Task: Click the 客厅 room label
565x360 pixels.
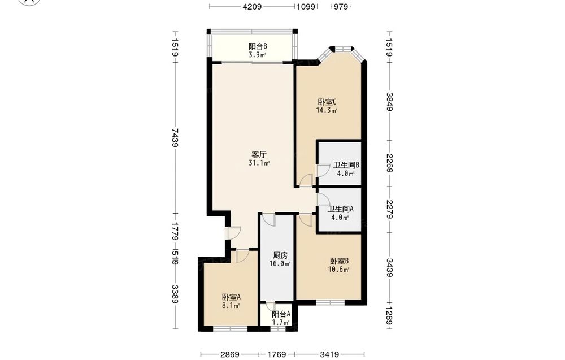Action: [x=259, y=155]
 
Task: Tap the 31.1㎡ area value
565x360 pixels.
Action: [x=259, y=163]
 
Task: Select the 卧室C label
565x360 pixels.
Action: [x=327, y=102]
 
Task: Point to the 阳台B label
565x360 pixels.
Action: [x=258, y=46]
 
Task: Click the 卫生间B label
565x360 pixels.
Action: [x=346, y=165]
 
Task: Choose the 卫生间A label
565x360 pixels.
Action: [x=341, y=209]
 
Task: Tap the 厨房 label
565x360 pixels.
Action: [x=280, y=255]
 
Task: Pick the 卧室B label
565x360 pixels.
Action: [x=339, y=261]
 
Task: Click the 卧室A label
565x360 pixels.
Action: [x=231, y=297]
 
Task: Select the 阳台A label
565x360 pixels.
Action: [x=281, y=314]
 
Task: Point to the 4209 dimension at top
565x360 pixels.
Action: [x=252, y=6]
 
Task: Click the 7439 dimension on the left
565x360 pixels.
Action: [x=175, y=138]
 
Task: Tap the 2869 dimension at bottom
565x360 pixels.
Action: [x=230, y=354]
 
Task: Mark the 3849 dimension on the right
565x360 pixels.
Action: [x=389, y=102]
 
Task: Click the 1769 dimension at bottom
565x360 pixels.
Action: [x=276, y=354]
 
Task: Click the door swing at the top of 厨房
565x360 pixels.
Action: [x=268, y=219]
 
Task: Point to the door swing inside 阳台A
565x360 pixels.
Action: [x=269, y=305]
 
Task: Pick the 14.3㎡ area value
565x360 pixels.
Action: [x=327, y=111]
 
